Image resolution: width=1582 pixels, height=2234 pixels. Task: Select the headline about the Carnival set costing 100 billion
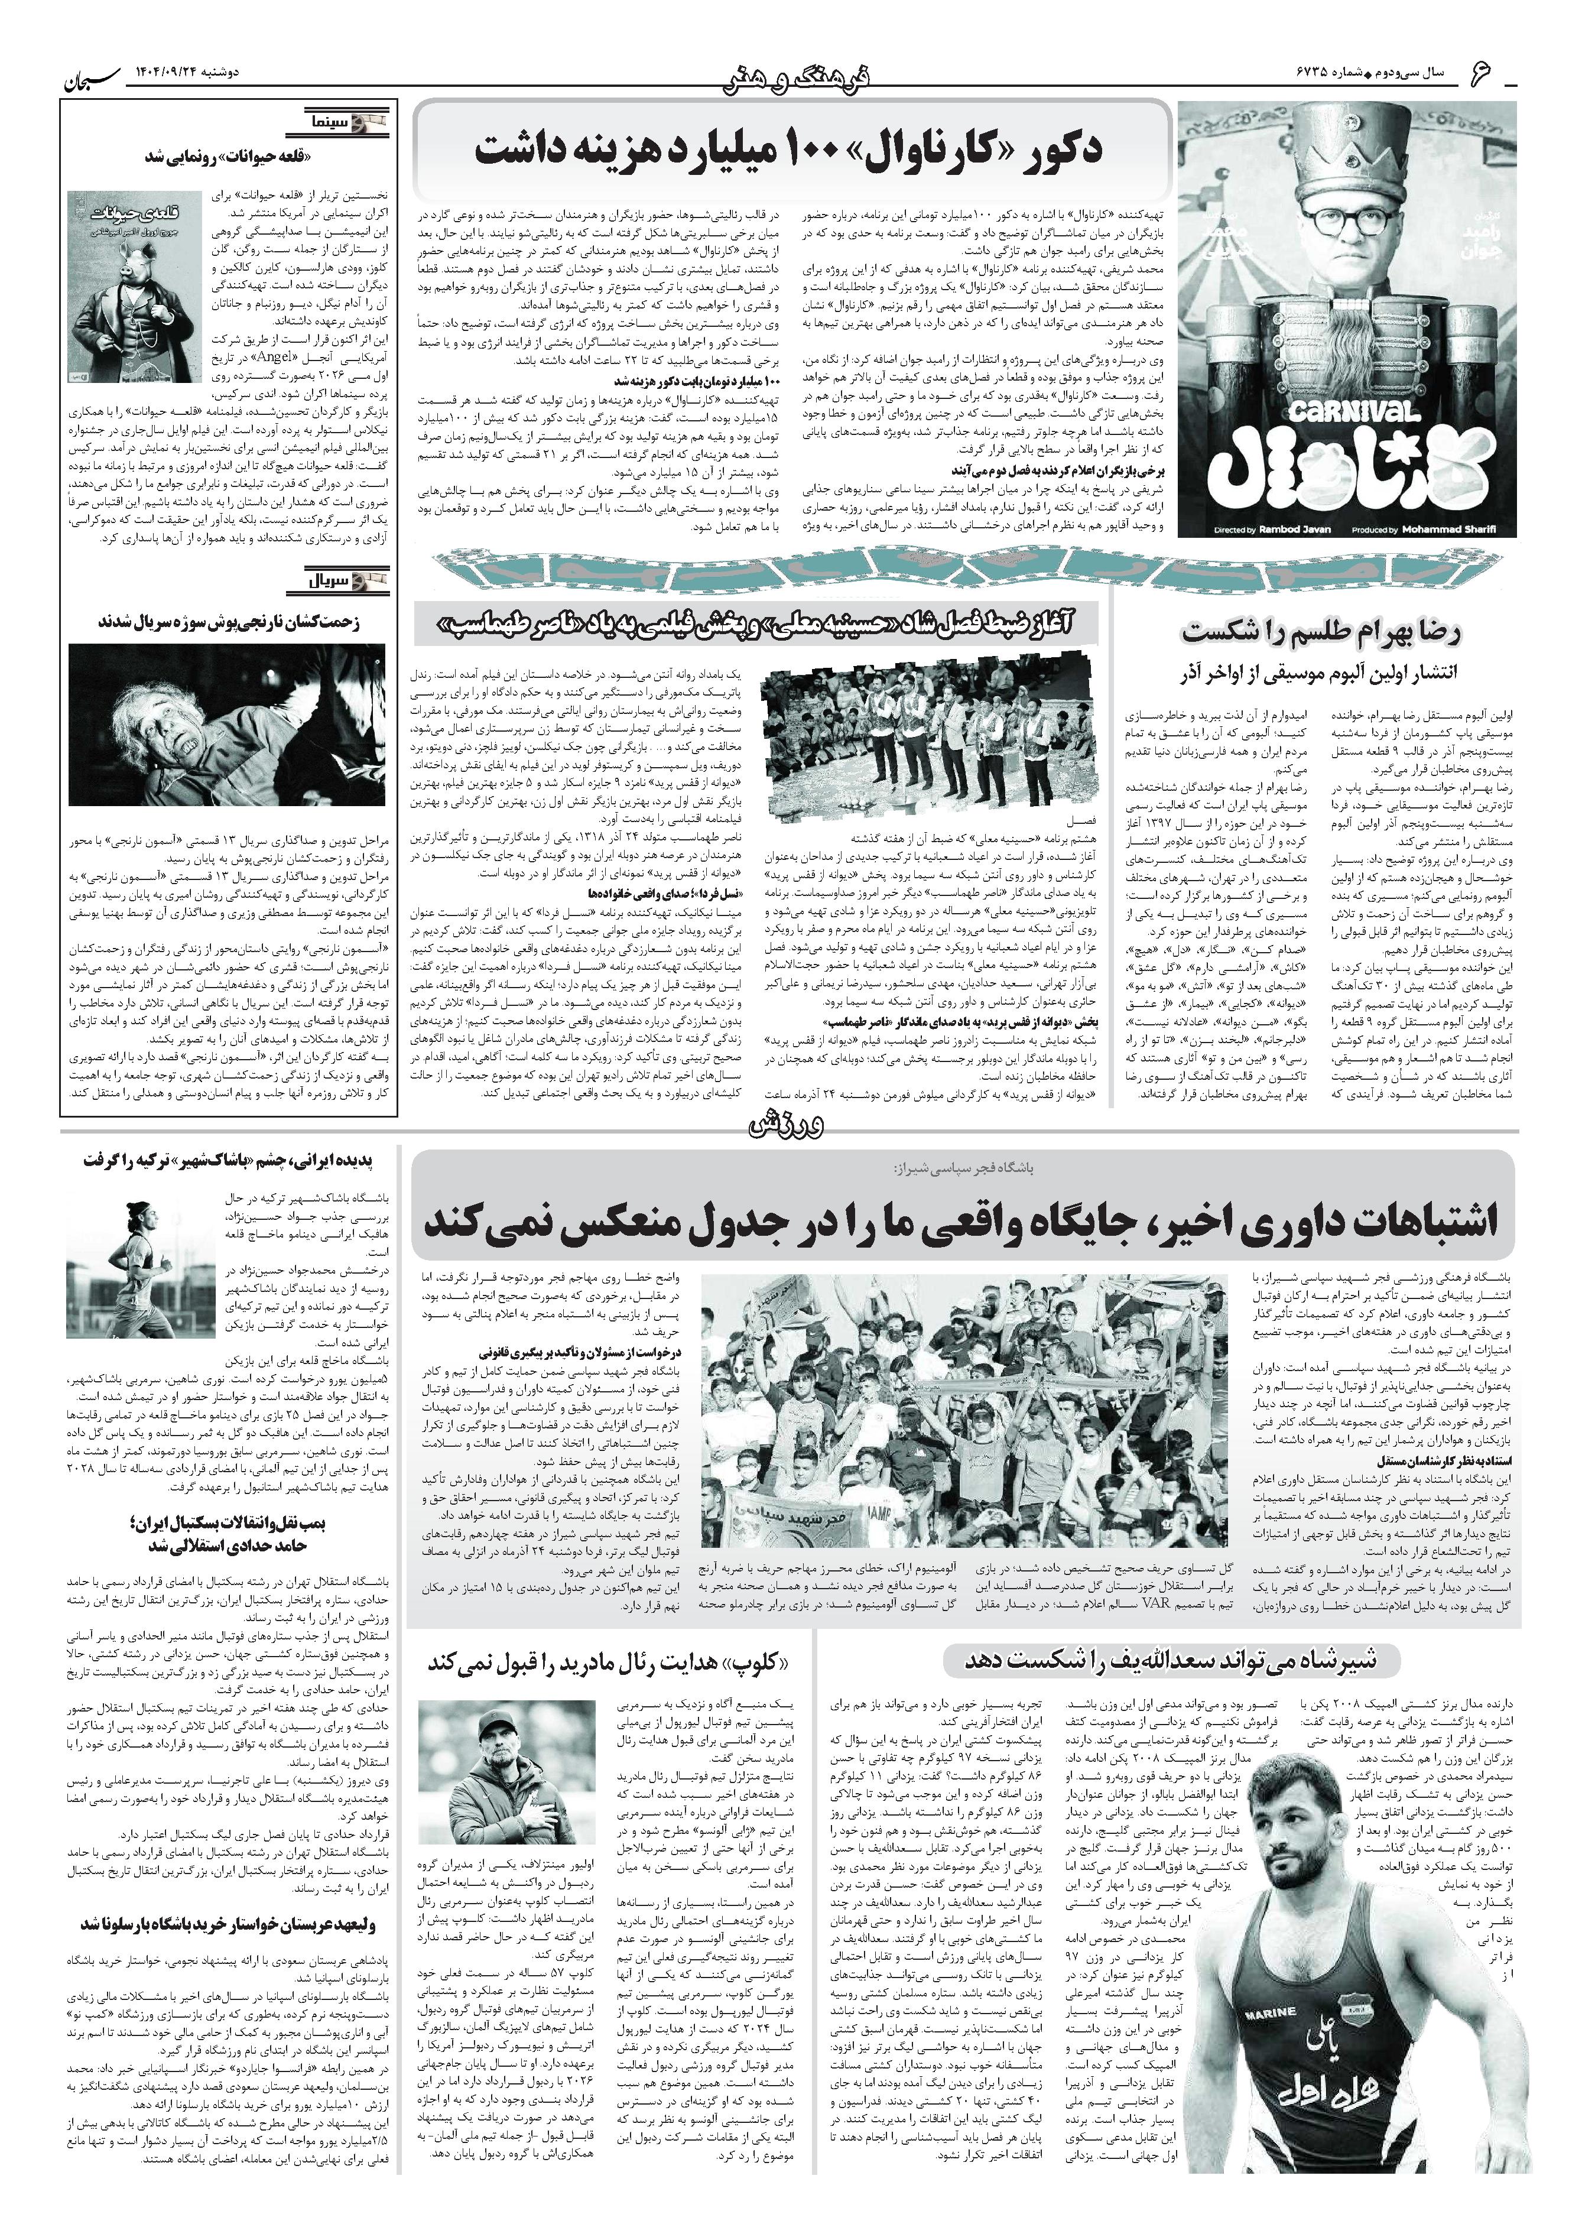click(x=790, y=149)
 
